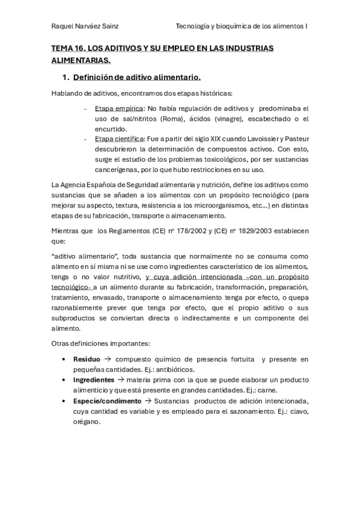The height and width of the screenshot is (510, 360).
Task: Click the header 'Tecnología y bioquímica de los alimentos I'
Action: click(242, 26)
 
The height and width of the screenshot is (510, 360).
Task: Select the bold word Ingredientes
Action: click(94, 380)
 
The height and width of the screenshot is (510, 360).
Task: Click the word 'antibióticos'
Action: click(178, 370)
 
